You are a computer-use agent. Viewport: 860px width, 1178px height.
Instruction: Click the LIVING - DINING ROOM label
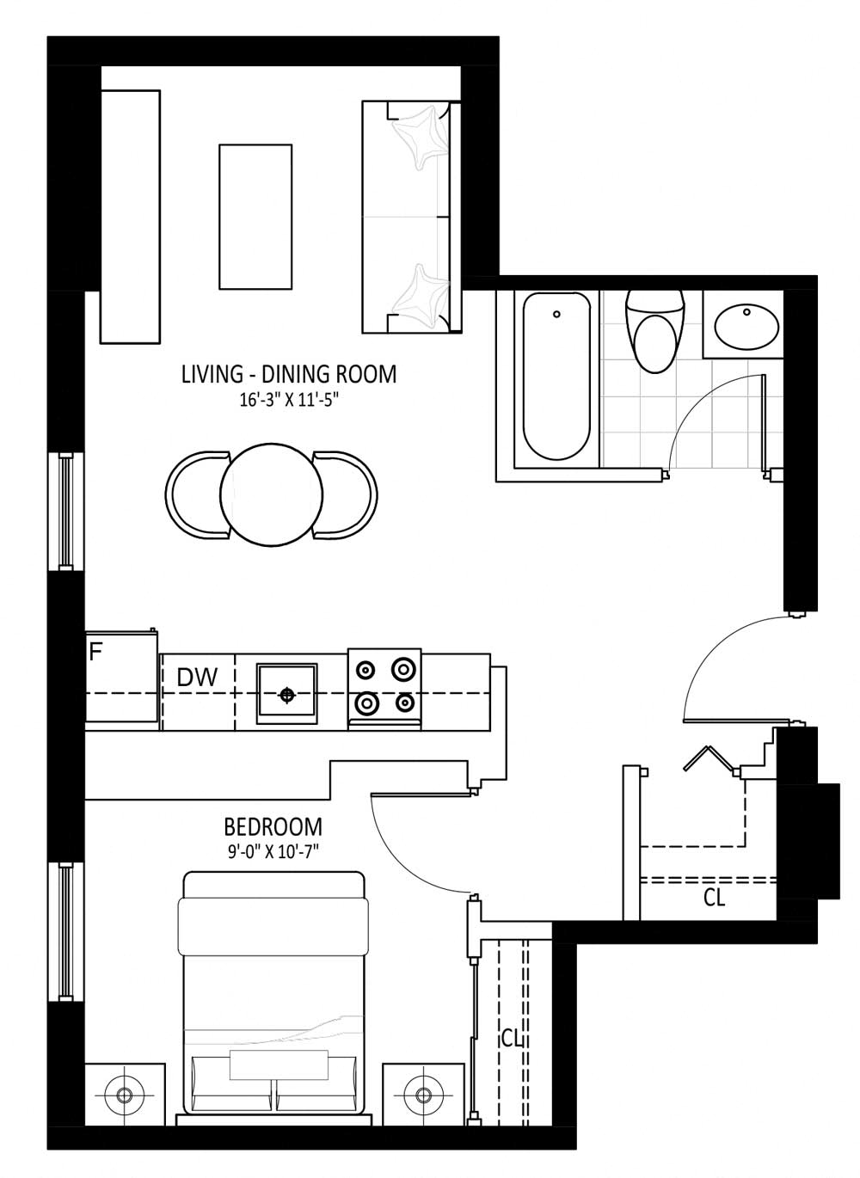pyautogui.click(x=288, y=374)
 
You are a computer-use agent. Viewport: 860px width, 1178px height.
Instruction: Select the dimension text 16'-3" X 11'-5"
pyautogui.click(x=288, y=401)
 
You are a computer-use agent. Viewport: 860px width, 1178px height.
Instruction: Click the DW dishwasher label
pyautogui.click(x=197, y=678)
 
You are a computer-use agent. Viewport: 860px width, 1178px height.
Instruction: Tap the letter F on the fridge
pyautogui.click(x=95, y=652)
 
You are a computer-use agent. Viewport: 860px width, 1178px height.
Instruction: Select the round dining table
pyautogui.click(x=272, y=495)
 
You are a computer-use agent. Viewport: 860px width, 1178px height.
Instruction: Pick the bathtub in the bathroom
pyautogui.click(x=556, y=377)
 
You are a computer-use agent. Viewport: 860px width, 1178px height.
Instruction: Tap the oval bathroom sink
pyautogui.click(x=746, y=326)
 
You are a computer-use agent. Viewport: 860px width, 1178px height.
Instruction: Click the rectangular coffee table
pyautogui.click(x=255, y=217)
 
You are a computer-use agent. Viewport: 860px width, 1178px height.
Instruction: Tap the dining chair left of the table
pyautogui.click(x=197, y=495)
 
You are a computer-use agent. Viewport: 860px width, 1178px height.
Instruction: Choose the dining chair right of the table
pyautogui.click(x=345, y=495)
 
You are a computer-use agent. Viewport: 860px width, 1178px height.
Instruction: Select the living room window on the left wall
pyautogui.click(x=65, y=511)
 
